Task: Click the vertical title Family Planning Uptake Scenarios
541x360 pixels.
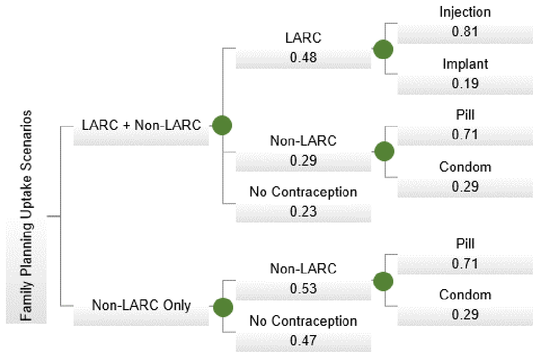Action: click(26, 215)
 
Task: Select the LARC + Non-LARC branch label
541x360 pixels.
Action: click(141, 125)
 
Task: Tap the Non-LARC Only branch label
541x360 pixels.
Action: click(141, 305)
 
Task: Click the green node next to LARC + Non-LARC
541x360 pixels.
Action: click(222, 125)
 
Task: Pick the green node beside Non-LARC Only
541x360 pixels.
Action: click(223, 307)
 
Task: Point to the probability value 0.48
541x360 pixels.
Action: click(304, 57)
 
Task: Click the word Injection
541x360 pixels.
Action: click(465, 12)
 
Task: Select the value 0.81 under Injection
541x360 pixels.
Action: click(465, 31)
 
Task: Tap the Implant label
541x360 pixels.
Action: click(465, 64)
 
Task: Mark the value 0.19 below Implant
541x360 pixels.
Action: click(465, 83)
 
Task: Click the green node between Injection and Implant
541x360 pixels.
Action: click(383, 49)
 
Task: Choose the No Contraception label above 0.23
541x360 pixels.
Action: click(304, 192)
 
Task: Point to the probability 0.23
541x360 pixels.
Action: click(304, 211)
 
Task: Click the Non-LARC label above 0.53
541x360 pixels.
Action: click(304, 269)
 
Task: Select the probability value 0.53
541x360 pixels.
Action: click(304, 288)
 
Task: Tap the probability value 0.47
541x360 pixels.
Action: click(304, 341)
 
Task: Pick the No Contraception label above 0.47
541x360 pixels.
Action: click(304, 321)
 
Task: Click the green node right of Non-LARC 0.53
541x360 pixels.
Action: click(383, 282)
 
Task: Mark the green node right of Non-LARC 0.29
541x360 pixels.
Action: click(384, 151)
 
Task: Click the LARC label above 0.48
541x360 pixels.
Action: click(304, 38)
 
